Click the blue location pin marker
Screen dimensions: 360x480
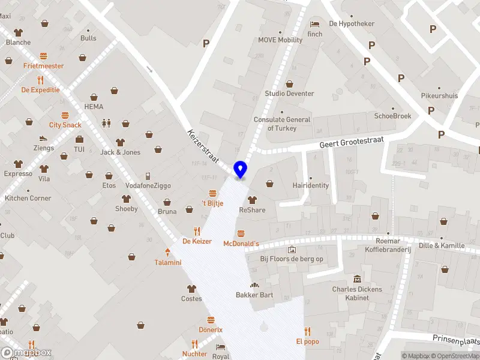coord(241,169)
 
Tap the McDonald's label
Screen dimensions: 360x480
coord(241,244)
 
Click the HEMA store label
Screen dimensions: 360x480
coord(94,106)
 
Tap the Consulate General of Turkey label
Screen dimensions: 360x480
coord(281,124)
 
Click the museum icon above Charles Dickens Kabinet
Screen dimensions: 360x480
coord(358,279)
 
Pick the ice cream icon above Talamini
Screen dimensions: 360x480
coord(167,252)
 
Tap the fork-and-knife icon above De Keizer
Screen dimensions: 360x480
coord(197,231)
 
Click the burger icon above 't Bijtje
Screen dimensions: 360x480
coord(212,193)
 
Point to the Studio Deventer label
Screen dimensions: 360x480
coord(289,94)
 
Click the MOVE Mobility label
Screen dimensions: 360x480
coord(280,40)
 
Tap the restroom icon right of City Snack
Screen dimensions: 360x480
coord(106,123)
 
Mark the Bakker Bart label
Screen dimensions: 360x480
coord(254,295)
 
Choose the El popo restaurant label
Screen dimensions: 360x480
coord(307,341)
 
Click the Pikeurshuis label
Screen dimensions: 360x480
coord(439,95)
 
